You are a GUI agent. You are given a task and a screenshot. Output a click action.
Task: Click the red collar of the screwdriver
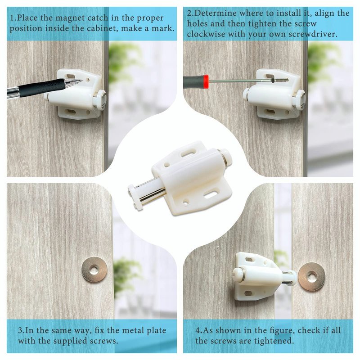coord(206,82)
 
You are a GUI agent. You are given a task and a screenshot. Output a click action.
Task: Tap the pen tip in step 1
coord(81,81)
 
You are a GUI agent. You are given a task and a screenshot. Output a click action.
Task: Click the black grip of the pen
coord(41,88)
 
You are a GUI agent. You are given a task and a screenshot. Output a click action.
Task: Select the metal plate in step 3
coord(94,269)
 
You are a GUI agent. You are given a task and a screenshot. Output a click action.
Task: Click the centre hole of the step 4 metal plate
coord(311,277)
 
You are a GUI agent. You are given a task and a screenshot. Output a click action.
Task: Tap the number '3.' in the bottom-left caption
coord(21,331)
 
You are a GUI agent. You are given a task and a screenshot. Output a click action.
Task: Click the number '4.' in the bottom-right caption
coord(199,331)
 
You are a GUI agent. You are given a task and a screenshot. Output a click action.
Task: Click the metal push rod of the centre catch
coord(152,196)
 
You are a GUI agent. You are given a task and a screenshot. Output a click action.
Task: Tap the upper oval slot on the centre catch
coord(189,153)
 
